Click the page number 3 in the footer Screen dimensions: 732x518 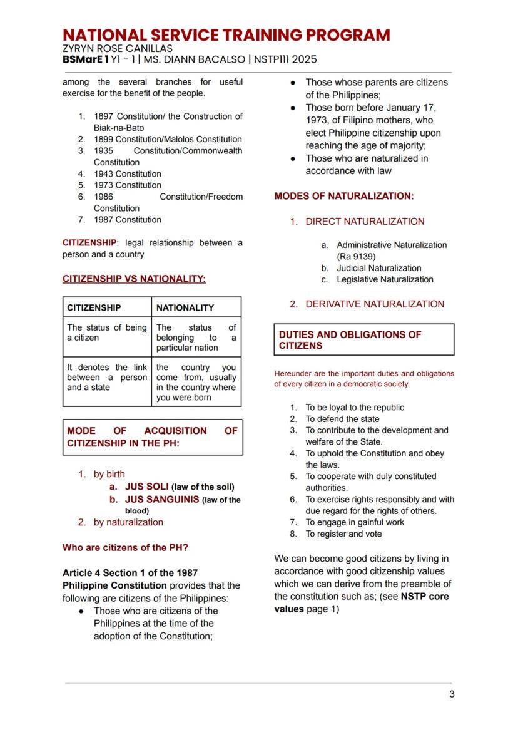(x=451, y=694)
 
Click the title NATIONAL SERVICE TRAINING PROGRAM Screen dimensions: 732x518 (x=226, y=35)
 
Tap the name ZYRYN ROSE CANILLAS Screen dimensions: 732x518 (x=117, y=48)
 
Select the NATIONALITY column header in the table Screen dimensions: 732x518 (x=185, y=307)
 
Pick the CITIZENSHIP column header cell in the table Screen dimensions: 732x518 (x=94, y=307)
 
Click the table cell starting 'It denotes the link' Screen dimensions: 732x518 (x=106, y=378)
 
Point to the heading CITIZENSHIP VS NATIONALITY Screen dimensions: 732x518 (x=134, y=279)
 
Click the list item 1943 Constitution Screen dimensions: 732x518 (x=127, y=174)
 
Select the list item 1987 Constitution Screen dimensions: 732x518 (x=127, y=220)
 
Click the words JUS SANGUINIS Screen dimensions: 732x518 (x=161, y=500)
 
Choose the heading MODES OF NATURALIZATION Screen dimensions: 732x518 (x=343, y=197)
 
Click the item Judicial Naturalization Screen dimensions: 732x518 (x=379, y=268)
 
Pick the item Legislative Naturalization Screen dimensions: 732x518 (x=385, y=279)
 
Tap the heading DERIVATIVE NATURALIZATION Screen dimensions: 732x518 (x=374, y=304)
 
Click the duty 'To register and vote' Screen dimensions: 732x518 (x=343, y=534)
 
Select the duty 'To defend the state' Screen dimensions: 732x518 (x=342, y=419)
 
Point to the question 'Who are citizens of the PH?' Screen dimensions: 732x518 (x=125, y=547)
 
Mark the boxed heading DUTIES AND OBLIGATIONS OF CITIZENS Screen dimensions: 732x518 (x=363, y=340)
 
